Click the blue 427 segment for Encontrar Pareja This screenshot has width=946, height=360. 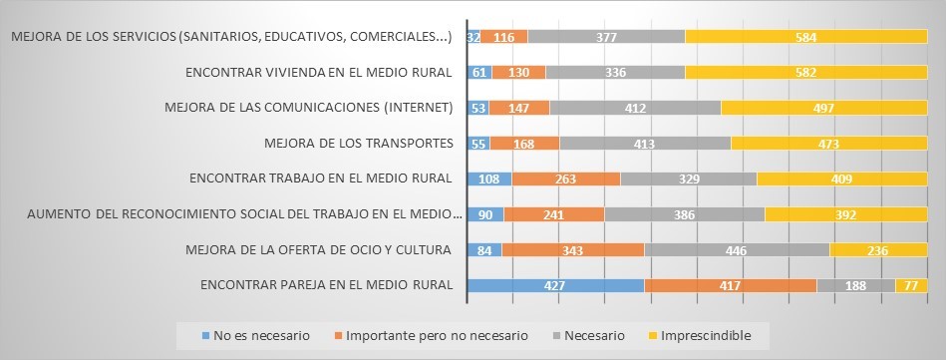click(x=555, y=285)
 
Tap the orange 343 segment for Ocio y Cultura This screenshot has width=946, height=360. click(x=573, y=249)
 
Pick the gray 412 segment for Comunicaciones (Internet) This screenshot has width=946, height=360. click(x=635, y=108)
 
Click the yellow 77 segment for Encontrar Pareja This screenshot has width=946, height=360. click(x=911, y=285)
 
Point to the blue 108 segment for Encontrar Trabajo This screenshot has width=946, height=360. click(x=489, y=179)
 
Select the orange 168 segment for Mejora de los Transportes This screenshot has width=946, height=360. click(x=524, y=144)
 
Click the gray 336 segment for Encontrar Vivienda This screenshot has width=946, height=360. click(x=615, y=72)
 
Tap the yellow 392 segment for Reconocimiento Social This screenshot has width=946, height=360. click(x=845, y=214)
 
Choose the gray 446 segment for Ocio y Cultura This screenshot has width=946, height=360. click(x=737, y=249)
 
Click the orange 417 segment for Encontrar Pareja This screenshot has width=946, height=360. click(x=731, y=285)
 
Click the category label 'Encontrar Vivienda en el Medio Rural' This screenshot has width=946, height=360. click(x=319, y=72)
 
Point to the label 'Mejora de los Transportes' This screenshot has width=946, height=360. click(x=359, y=144)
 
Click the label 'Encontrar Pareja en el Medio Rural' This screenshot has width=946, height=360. click(x=327, y=285)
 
